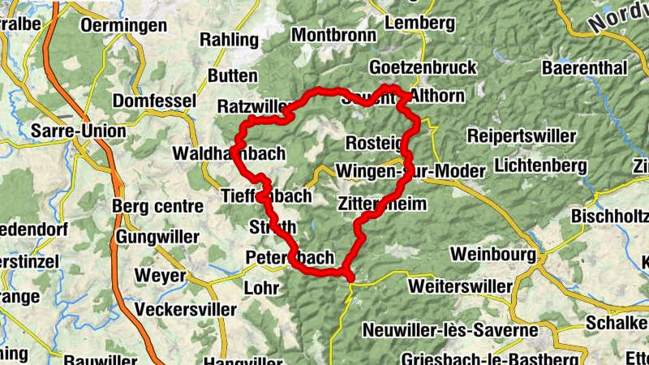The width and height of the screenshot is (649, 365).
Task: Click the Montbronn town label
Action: tap(333, 36)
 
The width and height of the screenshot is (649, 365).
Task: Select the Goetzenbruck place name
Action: tap(422, 67)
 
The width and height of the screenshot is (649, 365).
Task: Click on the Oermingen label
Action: tap(124, 26)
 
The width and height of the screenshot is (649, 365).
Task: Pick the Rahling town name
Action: tap(229, 39)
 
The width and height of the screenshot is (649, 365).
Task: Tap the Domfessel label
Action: tap(155, 101)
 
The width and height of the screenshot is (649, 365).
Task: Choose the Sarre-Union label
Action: tap(78, 131)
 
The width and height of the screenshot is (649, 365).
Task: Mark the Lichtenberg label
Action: tap(539, 165)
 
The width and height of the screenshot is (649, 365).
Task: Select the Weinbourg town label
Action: tap(493, 254)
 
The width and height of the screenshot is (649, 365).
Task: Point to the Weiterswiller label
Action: tap(462, 286)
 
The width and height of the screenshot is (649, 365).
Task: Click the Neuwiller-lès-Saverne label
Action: tap(450, 330)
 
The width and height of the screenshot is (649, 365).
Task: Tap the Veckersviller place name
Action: tap(187, 309)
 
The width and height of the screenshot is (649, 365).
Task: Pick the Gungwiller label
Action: tap(157, 237)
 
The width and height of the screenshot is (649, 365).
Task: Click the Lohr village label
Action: tap(260, 287)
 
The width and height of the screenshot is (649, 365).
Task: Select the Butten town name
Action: tap(233, 75)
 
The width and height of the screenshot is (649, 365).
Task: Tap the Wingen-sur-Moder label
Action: tap(410, 171)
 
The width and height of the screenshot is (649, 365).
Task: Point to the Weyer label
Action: tap(160, 276)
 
